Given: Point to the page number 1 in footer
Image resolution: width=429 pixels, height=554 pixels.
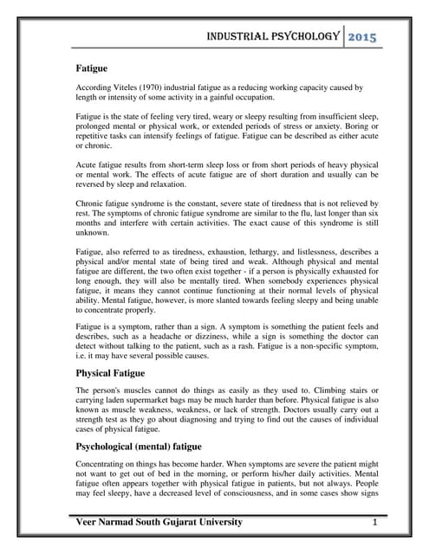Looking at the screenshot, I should point(374,523).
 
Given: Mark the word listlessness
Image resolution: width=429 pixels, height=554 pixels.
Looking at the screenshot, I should point(333,251).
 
